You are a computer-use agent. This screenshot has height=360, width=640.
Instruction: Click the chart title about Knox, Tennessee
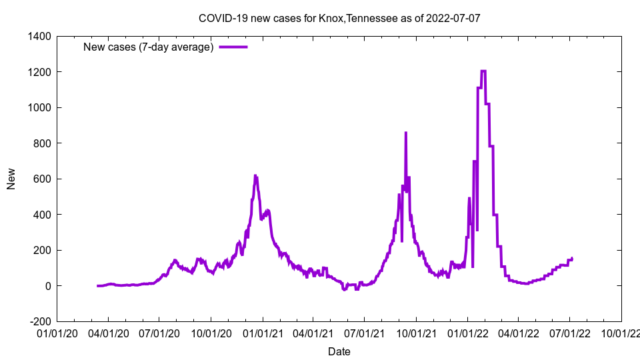tap(339, 18)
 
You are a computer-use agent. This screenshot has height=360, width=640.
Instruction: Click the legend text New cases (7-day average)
tap(148, 47)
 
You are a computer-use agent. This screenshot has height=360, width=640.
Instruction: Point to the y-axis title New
tap(11, 179)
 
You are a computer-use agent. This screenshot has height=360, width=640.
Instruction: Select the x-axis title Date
tap(339, 351)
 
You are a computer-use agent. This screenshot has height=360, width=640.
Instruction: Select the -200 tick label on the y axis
tap(41, 321)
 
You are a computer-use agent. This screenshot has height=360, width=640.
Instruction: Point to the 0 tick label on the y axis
tap(48, 286)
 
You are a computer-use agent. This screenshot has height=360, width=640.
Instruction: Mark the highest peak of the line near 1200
tap(483, 71)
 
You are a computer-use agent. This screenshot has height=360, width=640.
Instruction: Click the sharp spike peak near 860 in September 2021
tap(405, 133)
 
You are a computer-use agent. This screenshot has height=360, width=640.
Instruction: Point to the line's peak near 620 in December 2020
tap(256, 175)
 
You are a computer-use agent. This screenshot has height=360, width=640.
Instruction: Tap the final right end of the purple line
tap(572, 258)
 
